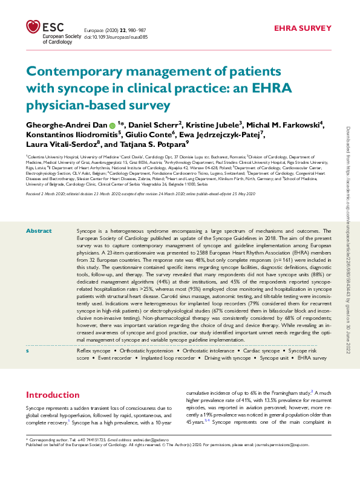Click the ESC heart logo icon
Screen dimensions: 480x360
pyautogui.click(x=33, y=27)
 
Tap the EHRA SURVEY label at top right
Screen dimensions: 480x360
pyautogui.click(x=303, y=28)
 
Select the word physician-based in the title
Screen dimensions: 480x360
pyautogui.click(x=67, y=106)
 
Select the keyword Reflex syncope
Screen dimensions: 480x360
pyautogui.click(x=94, y=351)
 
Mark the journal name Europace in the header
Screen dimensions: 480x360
pyautogui.click(x=93, y=29)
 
